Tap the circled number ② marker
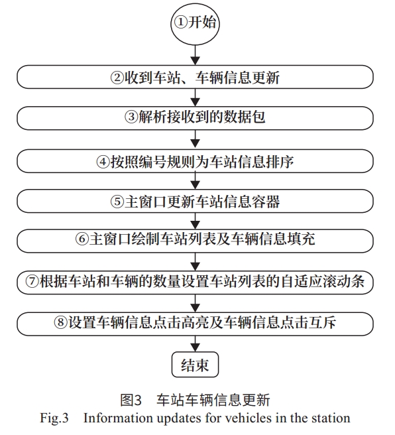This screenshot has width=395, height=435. [117, 78]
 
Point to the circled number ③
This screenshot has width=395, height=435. [131, 117]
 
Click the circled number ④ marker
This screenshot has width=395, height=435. [103, 161]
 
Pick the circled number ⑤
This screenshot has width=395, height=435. [117, 202]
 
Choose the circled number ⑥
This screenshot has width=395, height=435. [82, 239]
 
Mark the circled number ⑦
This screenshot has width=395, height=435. [32, 281]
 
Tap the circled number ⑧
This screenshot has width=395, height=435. [61, 322]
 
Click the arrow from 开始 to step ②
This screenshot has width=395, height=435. [196, 55]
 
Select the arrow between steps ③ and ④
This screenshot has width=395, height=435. [196, 139]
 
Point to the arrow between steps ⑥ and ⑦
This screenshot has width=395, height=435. [196, 262]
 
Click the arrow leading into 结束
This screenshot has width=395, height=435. [196, 343]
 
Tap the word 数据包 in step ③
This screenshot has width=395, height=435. [245, 117]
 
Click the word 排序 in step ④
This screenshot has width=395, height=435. [280, 161]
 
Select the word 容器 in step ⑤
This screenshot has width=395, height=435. [266, 202]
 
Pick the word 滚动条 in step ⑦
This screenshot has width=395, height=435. [344, 281]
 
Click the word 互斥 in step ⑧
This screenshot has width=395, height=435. [323, 322]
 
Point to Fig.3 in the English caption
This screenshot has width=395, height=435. [54, 418]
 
